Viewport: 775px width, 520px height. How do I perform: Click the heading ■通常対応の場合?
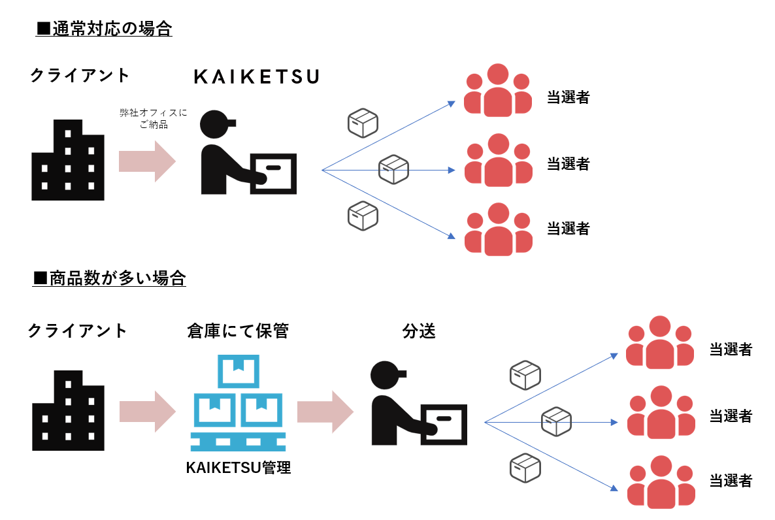(105, 29)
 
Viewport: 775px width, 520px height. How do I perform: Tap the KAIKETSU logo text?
(257, 77)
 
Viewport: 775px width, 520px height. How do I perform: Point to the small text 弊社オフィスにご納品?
(153, 118)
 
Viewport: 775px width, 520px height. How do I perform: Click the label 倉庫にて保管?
(237, 331)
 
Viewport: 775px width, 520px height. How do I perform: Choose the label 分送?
(419, 331)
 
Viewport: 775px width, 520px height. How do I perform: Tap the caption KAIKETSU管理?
(238, 468)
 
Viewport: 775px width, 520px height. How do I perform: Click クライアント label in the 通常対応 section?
(80, 75)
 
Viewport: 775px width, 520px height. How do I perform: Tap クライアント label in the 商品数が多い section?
(77, 331)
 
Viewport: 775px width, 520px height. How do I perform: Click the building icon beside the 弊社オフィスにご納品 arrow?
(67, 160)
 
